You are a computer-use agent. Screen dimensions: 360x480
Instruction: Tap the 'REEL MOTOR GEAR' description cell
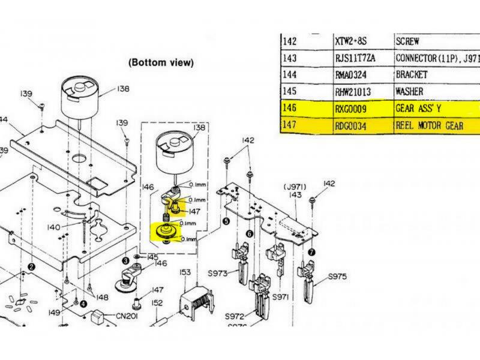(430, 127)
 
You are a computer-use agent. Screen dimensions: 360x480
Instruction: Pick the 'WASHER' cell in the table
(409, 92)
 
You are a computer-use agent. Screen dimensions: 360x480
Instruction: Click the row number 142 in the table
(289, 41)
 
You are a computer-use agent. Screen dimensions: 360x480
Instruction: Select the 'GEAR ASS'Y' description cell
(418, 110)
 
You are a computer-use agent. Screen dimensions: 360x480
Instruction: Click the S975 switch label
(338, 277)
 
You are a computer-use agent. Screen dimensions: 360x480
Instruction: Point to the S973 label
(218, 274)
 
